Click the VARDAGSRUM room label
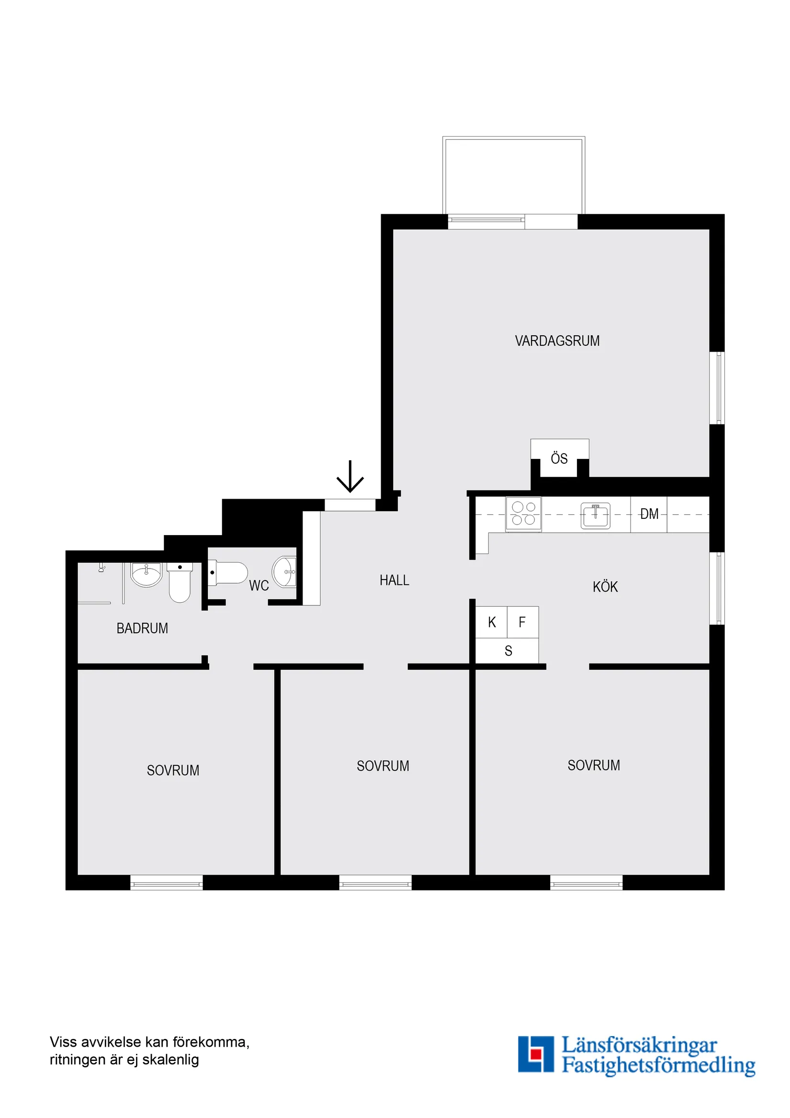(x=557, y=341)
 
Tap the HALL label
(x=394, y=580)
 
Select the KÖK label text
(x=605, y=587)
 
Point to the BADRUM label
(x=142, y=628)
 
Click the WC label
(x=259, y=585)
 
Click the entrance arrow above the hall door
(x=350, y=477)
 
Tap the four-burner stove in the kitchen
(x=523, y=513)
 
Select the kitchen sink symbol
(x=595, y=516)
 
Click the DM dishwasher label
(x=649, y=514)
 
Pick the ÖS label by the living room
(x=559, y=459)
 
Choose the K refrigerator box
(x=492, y=622)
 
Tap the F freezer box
(x=522, y=622)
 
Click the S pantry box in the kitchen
(x=508, y=651)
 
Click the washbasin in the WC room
(x=285, y=572)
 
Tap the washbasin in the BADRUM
(x=146, y=575)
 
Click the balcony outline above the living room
(x=514, y=175)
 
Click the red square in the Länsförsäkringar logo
(x=536, y=1054)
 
